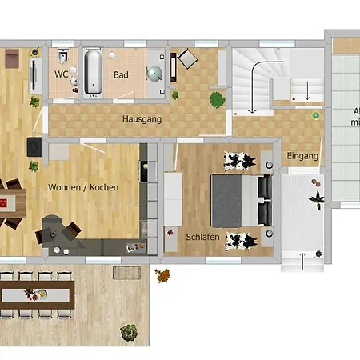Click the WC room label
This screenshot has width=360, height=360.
[61, 74]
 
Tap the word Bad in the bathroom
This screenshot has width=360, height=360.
[121, 75]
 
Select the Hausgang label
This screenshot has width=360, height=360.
[142, 119]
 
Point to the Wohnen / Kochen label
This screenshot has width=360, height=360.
[83, 187]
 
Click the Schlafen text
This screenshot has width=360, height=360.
[202, 238]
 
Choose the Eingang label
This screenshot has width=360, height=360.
[302, 155]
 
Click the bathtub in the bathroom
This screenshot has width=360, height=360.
[93, 72]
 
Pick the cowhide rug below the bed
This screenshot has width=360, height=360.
[241, 238]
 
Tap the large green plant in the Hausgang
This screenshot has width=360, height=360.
[216, 99]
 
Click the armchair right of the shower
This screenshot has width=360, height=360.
[186, 58]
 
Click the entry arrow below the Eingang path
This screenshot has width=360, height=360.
[302, 261]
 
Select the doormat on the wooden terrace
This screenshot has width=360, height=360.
[125, 273]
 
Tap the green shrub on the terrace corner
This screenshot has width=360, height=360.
[128, 330]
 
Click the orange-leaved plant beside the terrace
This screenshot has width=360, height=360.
[162, 277]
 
